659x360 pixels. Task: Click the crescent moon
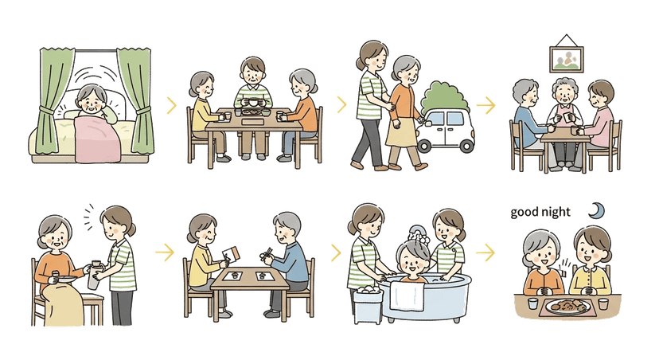coord(596,210)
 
